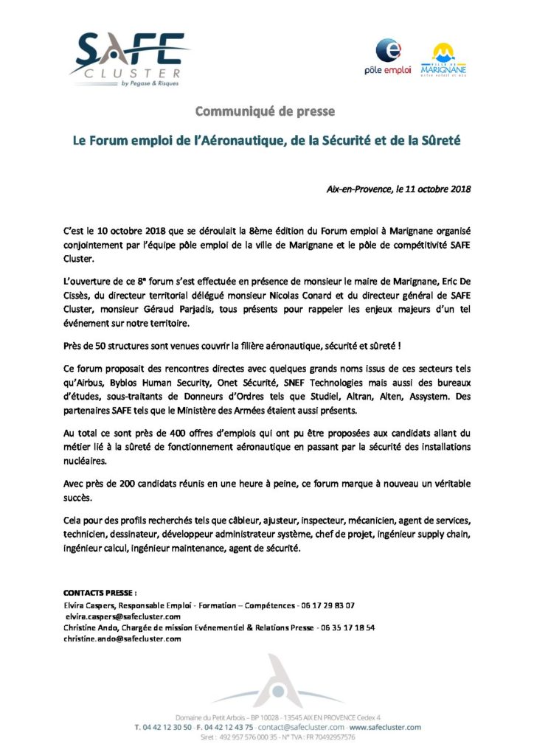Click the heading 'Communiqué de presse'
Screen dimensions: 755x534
pyautogui.click(x=265, y=111)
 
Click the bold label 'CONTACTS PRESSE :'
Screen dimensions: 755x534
pyautogui.click(x=100, y=592)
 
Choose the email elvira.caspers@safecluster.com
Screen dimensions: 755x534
pyautogui.click(x=122, y=616)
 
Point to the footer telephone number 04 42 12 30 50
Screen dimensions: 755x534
pyautogui.click(x=163, y=726)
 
